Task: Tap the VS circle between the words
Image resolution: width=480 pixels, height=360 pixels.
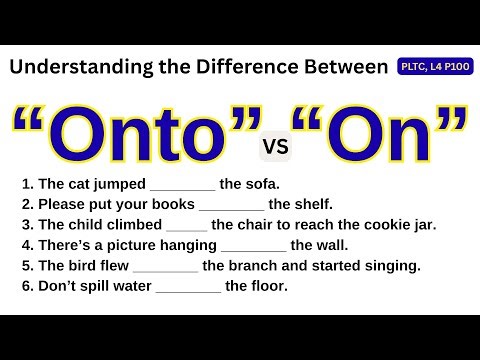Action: [x=274, y=148]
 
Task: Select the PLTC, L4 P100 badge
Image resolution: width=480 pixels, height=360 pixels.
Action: [x=437, y=66]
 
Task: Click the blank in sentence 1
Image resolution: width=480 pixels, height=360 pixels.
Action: [x=182, y=187]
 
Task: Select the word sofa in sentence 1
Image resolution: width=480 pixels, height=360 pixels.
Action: [x=263, y=184]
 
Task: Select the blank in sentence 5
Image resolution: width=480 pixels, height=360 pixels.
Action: [x=165, y=268]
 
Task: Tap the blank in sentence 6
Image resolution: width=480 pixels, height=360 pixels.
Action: [x=188, y=288]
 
